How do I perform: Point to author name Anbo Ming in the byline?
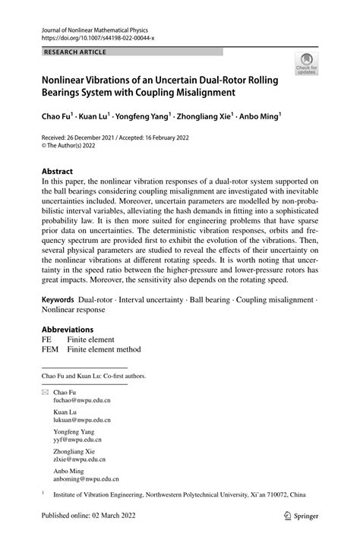click(258, 117)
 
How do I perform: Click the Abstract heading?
click(58, 172)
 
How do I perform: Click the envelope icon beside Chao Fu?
click(45, 414)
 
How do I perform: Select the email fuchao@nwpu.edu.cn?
click(81, 423)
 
